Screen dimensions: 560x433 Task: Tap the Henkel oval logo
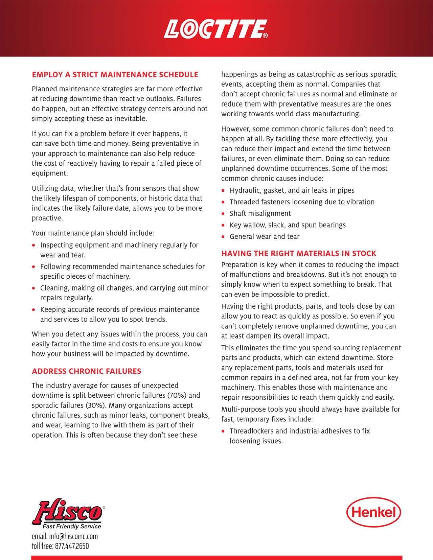[x=373, y=512]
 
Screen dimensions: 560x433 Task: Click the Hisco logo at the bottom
[x=68, y=511]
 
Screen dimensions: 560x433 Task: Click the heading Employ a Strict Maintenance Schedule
[x=115, y=75]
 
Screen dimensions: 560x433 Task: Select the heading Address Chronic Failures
[x=87, y=371]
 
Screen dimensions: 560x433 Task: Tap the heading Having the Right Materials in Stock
[x=299, y=254]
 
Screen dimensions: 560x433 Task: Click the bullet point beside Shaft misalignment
[x=223, y=214]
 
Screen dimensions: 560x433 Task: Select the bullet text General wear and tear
[x=265, y=237]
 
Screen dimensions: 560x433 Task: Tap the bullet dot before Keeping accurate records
[x=33, y=310]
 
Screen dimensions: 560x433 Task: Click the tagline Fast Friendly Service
[x=72, y=526]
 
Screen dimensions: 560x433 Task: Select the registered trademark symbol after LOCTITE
[x=266, y=36]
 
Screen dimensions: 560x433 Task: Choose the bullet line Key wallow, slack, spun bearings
[x=288, y=225]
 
